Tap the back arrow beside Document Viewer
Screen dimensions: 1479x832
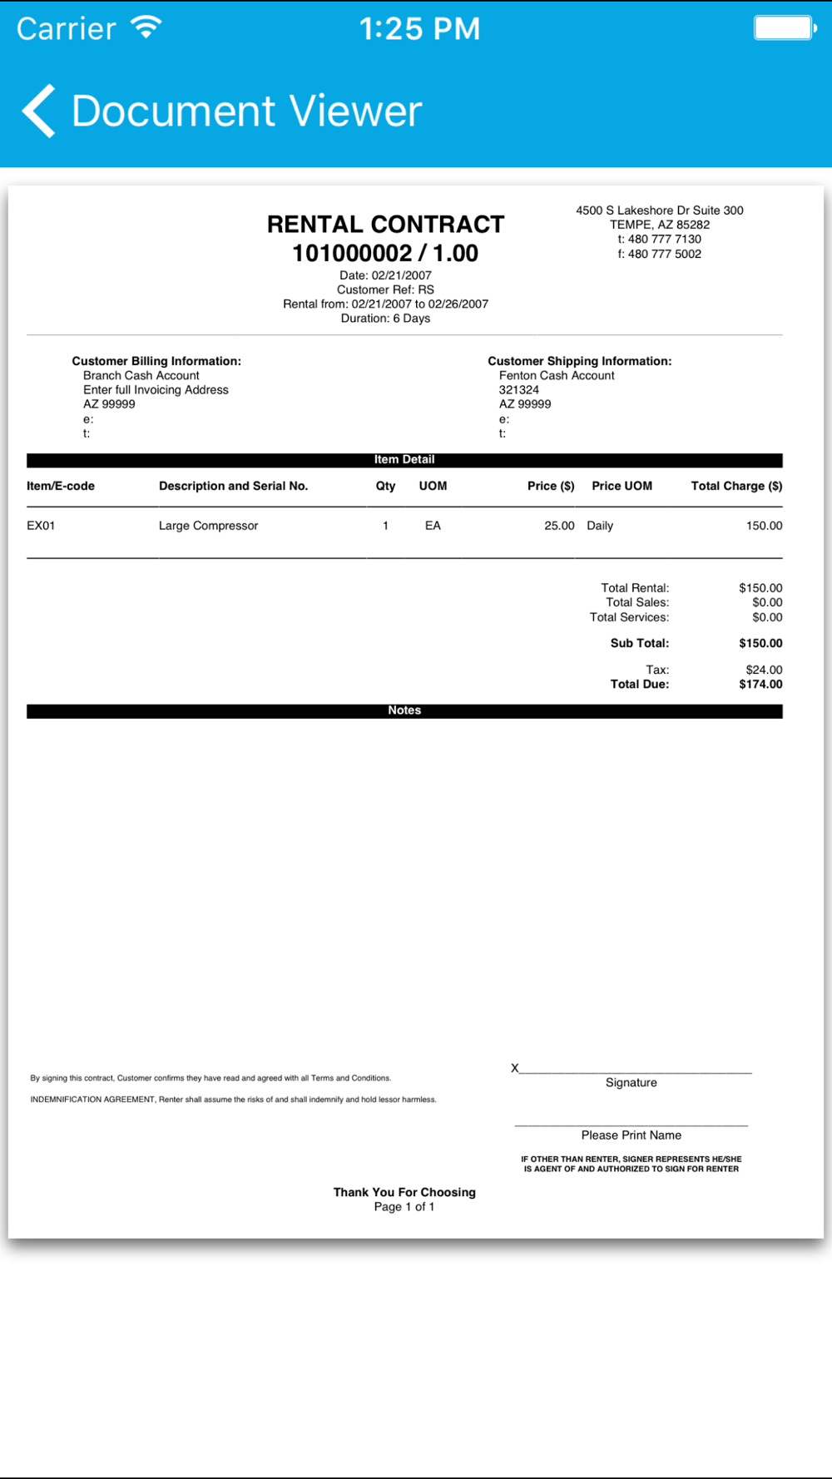coord(39,111)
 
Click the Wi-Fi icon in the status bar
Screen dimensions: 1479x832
coord(146,27)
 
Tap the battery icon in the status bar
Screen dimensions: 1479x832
coord(784,27)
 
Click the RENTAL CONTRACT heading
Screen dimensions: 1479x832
coord(385,225)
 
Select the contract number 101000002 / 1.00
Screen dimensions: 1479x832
coord(385,254)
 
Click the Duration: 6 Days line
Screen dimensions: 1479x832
coord(385,319)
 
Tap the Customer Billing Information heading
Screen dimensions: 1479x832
coord(156,361)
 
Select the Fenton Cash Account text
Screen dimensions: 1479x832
coord(557,376)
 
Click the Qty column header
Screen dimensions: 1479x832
coord(385,486)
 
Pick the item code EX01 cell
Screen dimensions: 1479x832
coord(41,526)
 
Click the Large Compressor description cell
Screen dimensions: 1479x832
coord(208,526)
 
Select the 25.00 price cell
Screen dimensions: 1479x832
coord(559,526)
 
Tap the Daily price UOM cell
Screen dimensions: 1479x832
coord(600,526)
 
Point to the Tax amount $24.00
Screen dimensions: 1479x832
coord(764,670)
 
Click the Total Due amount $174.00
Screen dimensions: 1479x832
coord(760,685)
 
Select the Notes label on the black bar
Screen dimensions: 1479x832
coord(404,710)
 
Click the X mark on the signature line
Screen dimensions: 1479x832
coord(515,1068)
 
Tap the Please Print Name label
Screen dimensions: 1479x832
coord(631,1135)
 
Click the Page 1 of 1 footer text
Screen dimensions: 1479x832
coord(404,1207)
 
